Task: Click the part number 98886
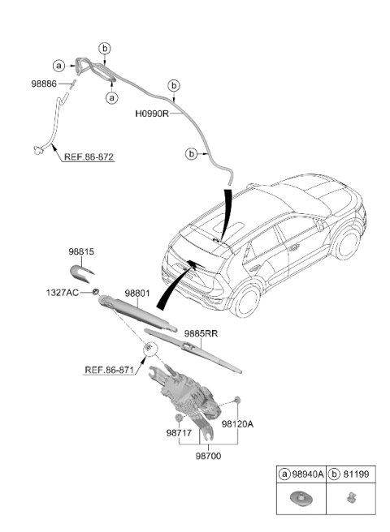pyautogui.click(x=44, y=84)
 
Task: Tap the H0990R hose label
pyautogui.click(x=152, y=114)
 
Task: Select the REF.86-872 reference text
pyautogui.click(x=89, y=157)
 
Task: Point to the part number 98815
pyautogui.click(x=81, y=251)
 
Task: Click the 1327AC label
pyautogui.click(x=63, y=292)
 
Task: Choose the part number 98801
pyautogui.click(x=137, y=293)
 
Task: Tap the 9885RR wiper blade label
pyautogui.click(x=201, y=334)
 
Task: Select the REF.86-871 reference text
pyautogui.click(x=109, y=370)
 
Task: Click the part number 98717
pyautogui.click(x=179, y=433)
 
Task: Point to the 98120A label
pyautogui.click(x=237, y=424)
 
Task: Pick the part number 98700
pyautogui.click(x=208, y=456)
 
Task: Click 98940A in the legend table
pyautogui.click(x=307, y=474)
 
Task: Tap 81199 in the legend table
pyautogui.click(x=356, y=474)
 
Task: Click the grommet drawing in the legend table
pyautogui.click(x=301, y=499)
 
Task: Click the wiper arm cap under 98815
pyautogui.click(x=80, y=272)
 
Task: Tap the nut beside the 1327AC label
pyautogui.click(x=96, y=291)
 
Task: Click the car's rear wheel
pyautogui.click(x=245, y=301)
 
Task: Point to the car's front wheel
pyautogui.click(x=348, y=243)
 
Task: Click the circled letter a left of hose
pyautogui.click(x=58, y=66)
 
